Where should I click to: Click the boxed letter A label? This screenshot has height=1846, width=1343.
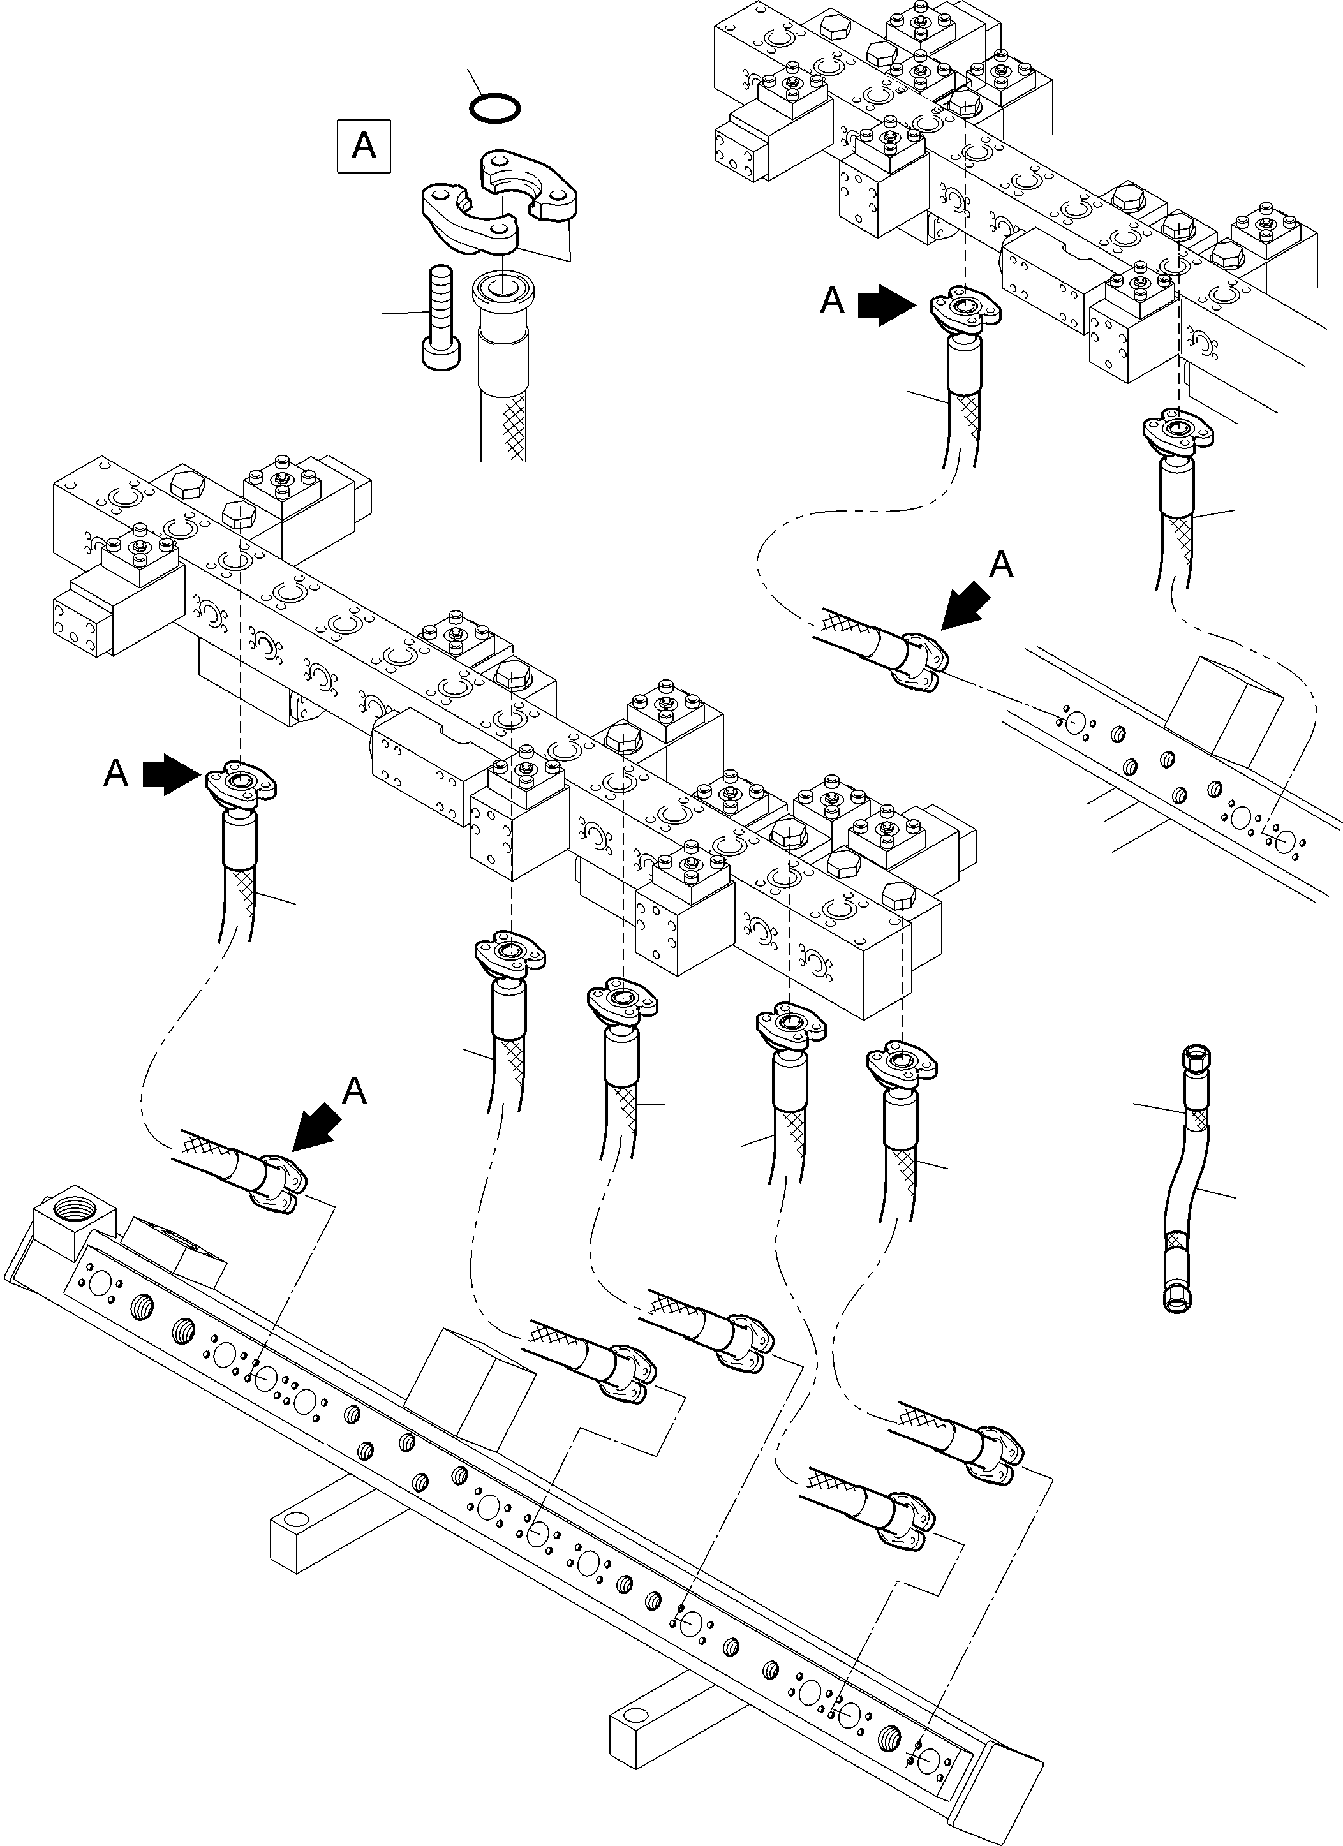coord(363,147)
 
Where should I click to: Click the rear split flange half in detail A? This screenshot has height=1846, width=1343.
coord(529,182)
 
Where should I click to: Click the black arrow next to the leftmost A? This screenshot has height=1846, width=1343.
coord(171,773)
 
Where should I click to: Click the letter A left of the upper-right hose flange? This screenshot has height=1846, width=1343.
coord(832,301)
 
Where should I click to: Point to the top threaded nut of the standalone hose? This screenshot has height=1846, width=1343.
coord(1194,1058)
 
